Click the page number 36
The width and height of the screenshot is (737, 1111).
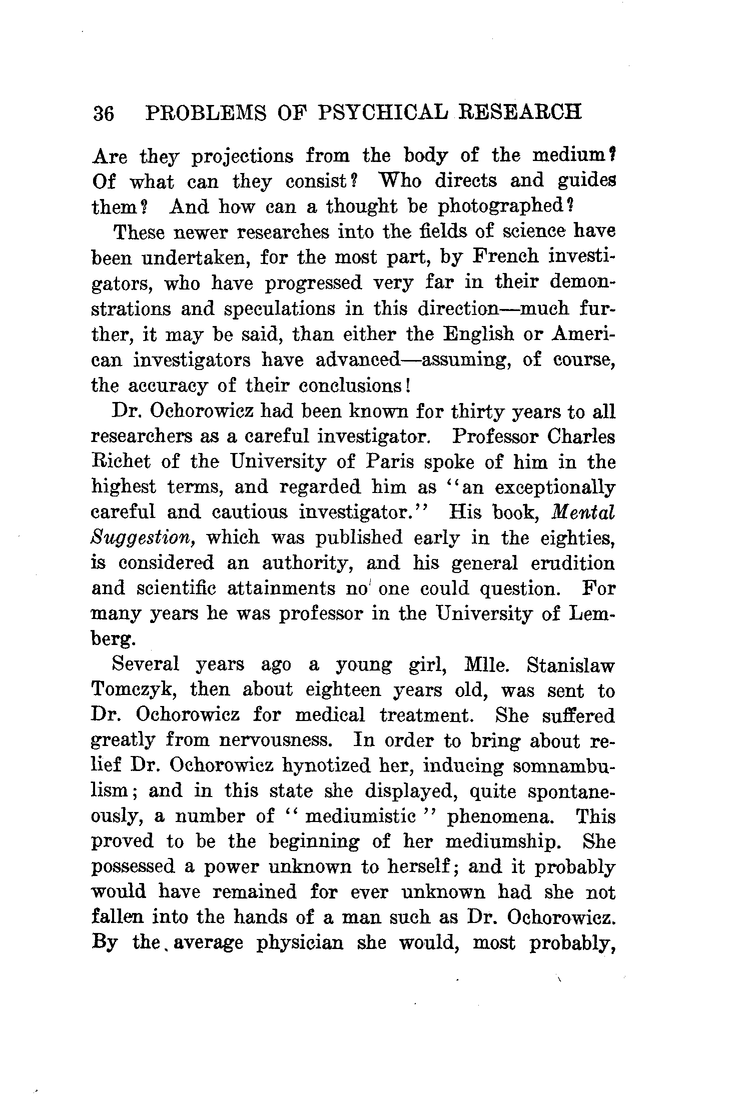coord(104,113)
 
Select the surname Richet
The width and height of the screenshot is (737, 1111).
coord(121,461)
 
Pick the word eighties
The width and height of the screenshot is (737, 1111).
coord(577,538)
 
